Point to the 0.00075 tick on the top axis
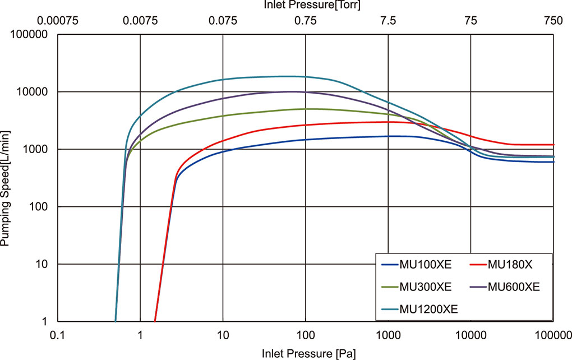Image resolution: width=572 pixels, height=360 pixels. [58, 21]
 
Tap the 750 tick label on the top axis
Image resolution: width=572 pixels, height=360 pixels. [553, 21]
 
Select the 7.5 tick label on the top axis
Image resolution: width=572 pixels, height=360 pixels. [388, 21]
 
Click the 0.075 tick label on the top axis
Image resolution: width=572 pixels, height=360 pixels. [223, 21]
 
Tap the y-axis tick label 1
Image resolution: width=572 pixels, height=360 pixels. [48, 322]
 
